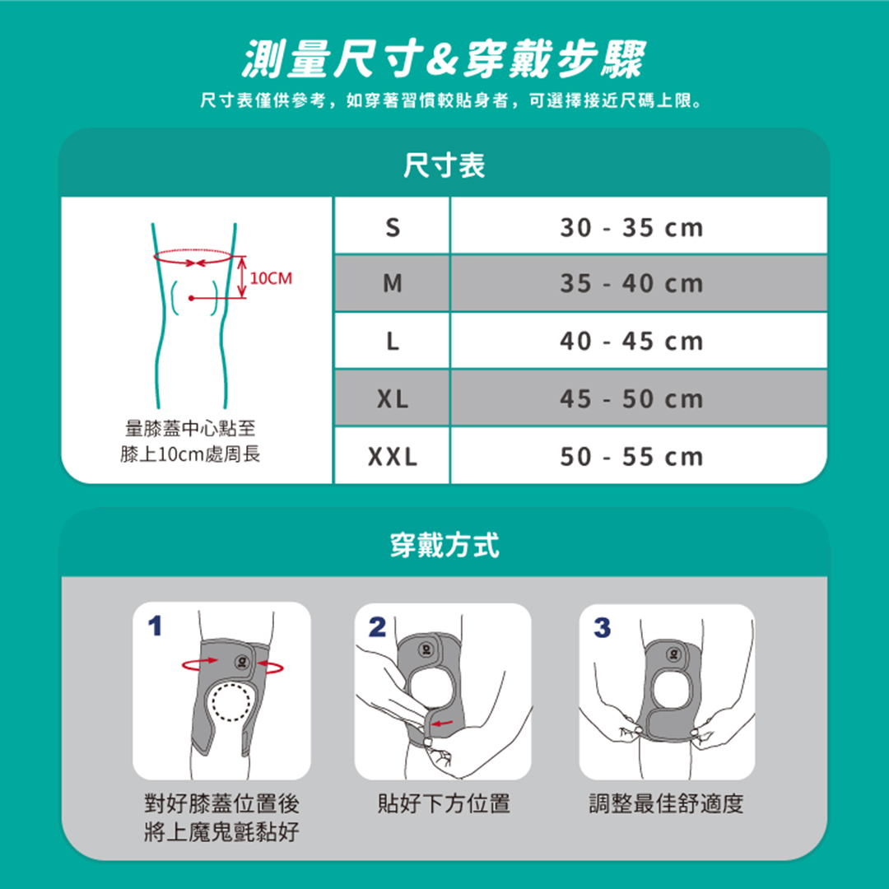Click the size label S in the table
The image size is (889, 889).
click(393, 227)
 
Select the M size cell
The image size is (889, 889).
click(393, 283)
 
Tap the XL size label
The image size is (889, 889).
click(393, 399)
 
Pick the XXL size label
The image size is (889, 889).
click(393, 456)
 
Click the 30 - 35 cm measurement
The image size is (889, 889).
click(631, 227)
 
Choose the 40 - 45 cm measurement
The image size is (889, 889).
click(631, 342)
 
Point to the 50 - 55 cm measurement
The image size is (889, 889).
click(631, 456)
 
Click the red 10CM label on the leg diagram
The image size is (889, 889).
click(271, 278)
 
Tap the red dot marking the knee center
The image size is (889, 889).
click(192, 298)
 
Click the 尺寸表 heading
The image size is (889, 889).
click(444, 165)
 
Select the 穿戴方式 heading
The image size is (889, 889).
click(444, 545)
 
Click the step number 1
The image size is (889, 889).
click(155, 626)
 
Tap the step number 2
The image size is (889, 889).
click(377, 627)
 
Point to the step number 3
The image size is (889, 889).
click(602, 627)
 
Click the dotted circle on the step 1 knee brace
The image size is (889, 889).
click(231, 702)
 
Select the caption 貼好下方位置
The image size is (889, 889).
click(444, 803)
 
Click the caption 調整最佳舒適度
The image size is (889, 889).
click(666, 803)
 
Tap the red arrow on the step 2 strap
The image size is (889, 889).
click(443, 723)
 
